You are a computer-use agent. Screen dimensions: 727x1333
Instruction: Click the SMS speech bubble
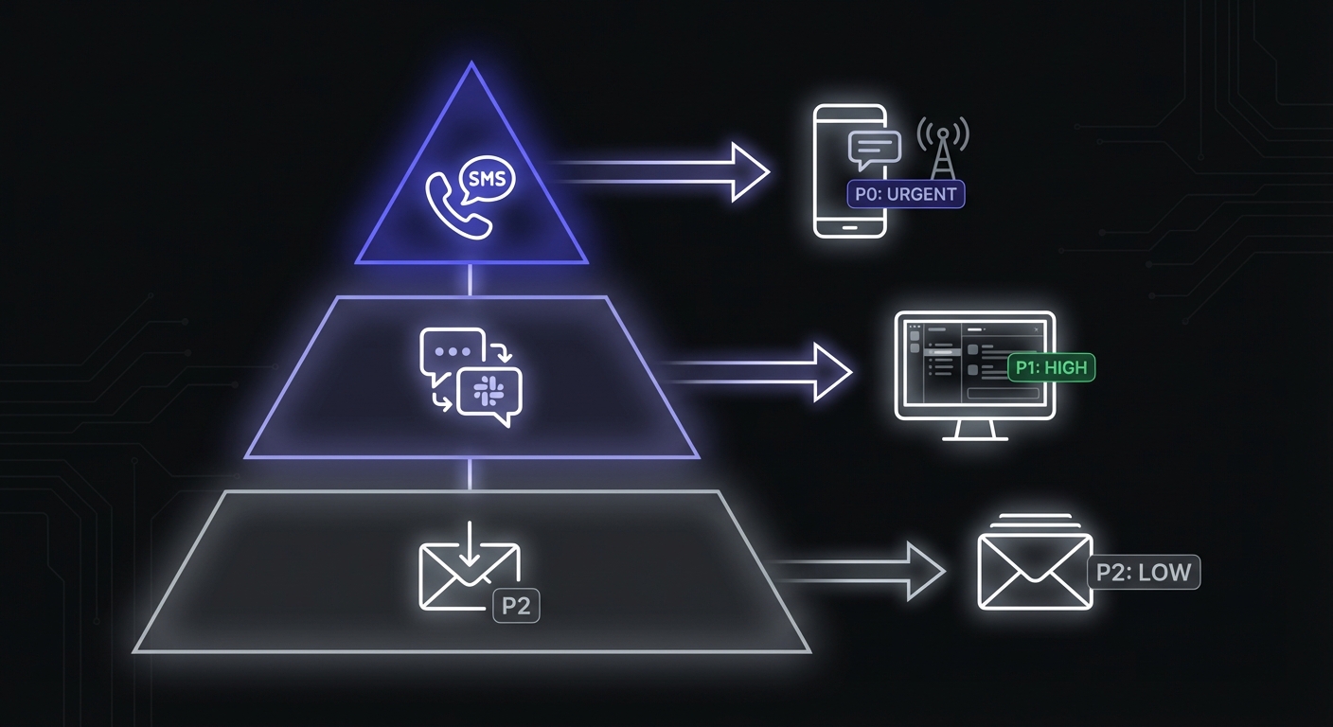[x=486, y=178]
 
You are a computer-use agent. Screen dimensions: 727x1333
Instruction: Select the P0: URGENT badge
[x=905, y=195]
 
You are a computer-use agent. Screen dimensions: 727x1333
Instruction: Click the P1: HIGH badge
[x=1051, y=367]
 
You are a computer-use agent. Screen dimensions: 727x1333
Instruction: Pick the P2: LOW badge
[x=1144, y=573]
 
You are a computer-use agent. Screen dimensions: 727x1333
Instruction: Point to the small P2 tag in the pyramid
[x=516, y=606]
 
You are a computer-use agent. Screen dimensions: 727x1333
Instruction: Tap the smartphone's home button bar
[x=850, y=227]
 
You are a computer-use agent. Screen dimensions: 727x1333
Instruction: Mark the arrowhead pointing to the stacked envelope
[x=924, y=571]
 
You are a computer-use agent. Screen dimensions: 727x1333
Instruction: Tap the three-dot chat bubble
[x=451, y=352]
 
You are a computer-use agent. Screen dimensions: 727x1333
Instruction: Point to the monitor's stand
[x=974, y=431]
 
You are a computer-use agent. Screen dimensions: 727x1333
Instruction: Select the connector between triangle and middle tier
[x=471, y=280]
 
